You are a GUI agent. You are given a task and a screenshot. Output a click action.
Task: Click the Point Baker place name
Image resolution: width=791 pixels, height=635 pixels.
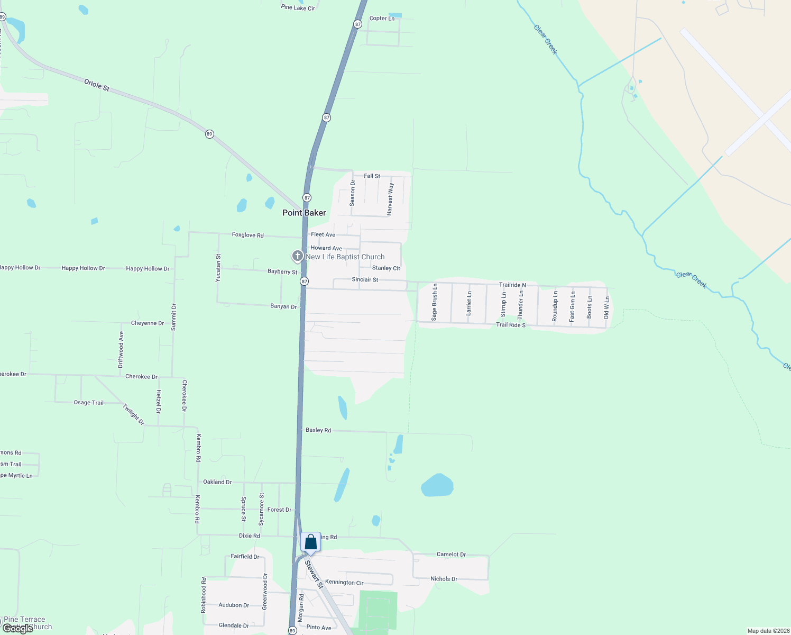coord(304,213)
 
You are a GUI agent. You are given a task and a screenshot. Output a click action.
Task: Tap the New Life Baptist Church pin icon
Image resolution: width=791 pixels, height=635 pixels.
coord(298,257)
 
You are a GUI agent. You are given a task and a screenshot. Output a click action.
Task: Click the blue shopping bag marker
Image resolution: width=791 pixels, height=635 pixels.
coord(311,542)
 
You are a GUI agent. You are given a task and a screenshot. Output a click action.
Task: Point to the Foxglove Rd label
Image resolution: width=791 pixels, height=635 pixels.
coord(247,235)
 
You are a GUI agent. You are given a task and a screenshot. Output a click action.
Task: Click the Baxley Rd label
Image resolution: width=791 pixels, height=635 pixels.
coord(318,430)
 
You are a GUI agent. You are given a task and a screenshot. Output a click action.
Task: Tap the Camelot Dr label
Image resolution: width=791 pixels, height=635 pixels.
coord(451,555)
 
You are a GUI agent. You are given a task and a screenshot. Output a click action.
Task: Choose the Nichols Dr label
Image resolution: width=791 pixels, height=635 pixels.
coord(444,579)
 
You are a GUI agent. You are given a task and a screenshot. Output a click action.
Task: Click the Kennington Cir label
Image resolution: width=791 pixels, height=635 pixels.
coord(344,583)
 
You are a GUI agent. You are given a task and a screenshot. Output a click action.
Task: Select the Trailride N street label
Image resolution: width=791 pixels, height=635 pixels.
coord(512,285)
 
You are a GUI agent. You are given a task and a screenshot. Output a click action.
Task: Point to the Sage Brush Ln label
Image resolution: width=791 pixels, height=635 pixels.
coord(435,302)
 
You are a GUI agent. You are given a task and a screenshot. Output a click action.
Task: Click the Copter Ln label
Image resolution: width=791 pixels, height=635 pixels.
coord(382,19)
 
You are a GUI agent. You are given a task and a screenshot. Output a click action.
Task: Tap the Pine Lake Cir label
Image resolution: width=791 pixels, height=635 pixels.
coord(298,8)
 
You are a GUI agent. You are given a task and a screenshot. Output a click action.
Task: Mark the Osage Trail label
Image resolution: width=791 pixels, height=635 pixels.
coord(89,403)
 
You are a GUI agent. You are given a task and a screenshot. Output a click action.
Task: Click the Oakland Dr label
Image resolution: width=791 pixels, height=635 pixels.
coord(217,482)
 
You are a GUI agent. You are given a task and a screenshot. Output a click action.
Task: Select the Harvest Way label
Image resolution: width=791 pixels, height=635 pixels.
coord(390,199)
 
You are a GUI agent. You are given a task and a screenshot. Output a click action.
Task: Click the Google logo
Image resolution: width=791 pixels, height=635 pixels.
coord(17,629)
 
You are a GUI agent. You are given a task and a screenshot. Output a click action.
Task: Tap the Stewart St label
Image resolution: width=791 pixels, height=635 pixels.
coord(314,575)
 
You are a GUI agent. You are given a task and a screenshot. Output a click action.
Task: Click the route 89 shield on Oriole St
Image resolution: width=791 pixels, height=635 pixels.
coord(209,134)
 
